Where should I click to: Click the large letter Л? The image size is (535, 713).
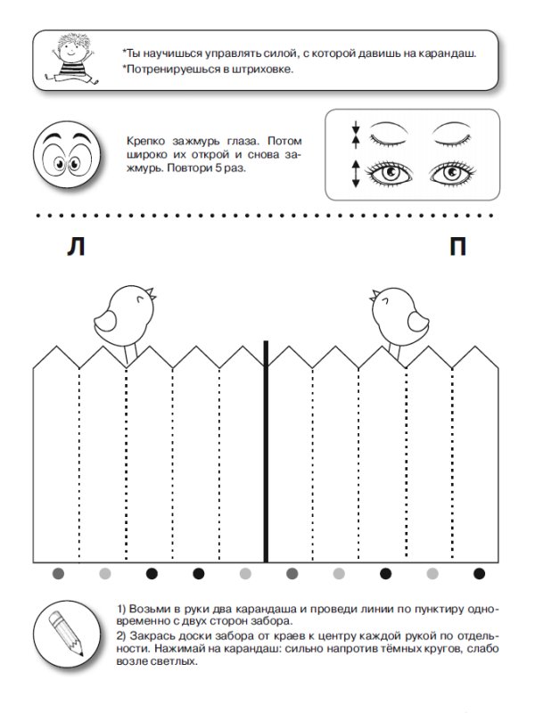coord(76,247)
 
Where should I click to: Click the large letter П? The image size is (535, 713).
coord(457,247)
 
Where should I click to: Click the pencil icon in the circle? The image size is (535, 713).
coord(66,633)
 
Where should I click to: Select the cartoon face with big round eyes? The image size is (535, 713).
coord(67,155)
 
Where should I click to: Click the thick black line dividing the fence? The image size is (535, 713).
coord(266,452)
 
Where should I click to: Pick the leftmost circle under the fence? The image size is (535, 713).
coord(58,573)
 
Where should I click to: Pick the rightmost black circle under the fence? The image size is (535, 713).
coord(479,573)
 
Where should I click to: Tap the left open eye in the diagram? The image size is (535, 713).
coord(390,173)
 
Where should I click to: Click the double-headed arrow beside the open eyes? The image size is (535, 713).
coord(356,174)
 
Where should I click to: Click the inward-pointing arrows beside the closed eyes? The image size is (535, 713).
coord(356,135)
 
